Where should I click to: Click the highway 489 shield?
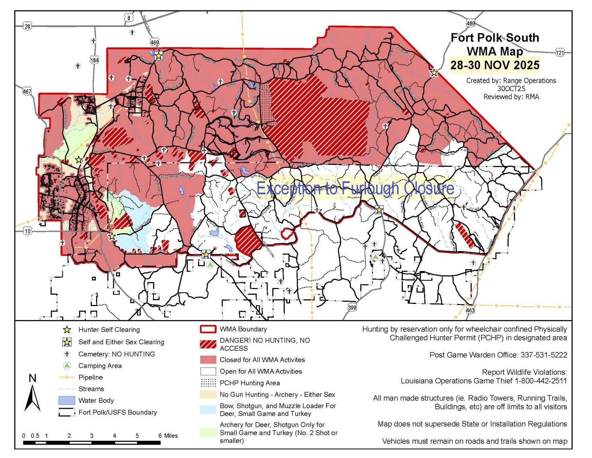[470, 24]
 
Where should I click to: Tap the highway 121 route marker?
[559, 52]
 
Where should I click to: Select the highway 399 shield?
[352, 308]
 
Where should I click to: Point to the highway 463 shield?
[470, 310]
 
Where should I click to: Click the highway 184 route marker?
[94, 60]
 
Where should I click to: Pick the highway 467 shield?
[27, 92]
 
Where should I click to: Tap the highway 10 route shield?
[28, 231]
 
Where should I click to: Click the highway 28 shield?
[27, 26]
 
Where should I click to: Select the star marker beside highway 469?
[158, 56]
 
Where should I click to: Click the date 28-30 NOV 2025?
[494, 65]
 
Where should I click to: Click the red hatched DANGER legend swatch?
[208, 344]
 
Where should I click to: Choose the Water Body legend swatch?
[67, 400]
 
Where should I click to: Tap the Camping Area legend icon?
[67, 365]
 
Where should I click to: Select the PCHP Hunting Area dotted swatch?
[208, 383]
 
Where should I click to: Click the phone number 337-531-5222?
[544, 355]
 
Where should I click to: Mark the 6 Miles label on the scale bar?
[168, 436]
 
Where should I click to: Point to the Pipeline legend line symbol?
[67, 377]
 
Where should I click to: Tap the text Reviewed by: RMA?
[511, 97]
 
